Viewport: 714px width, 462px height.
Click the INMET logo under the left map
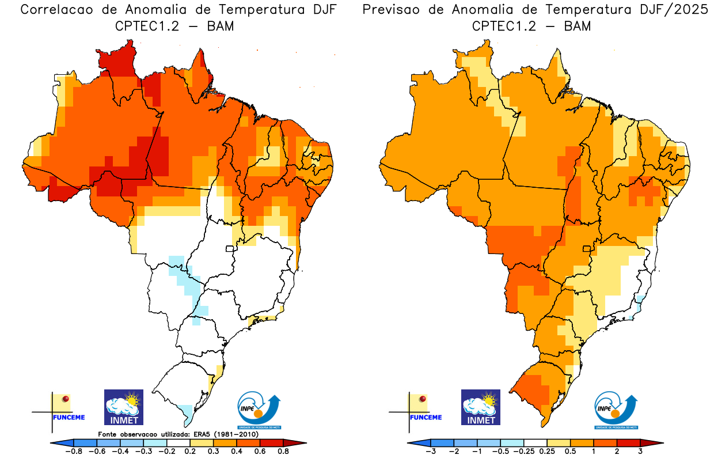(123, 407)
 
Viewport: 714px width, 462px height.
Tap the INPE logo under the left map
(259, 410)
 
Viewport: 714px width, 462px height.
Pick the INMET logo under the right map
(481, 407)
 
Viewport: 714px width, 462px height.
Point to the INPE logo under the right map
(616, 410)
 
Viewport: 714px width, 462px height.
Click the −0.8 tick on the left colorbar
(75, 452)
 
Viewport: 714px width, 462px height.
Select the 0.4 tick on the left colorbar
(236, 452)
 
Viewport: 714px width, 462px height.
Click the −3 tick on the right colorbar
(431, 452)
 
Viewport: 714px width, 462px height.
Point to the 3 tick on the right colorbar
(640, 452)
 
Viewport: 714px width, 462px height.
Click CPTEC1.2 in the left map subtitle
(145, 26)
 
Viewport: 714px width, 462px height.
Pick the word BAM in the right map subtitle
(578, 26)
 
